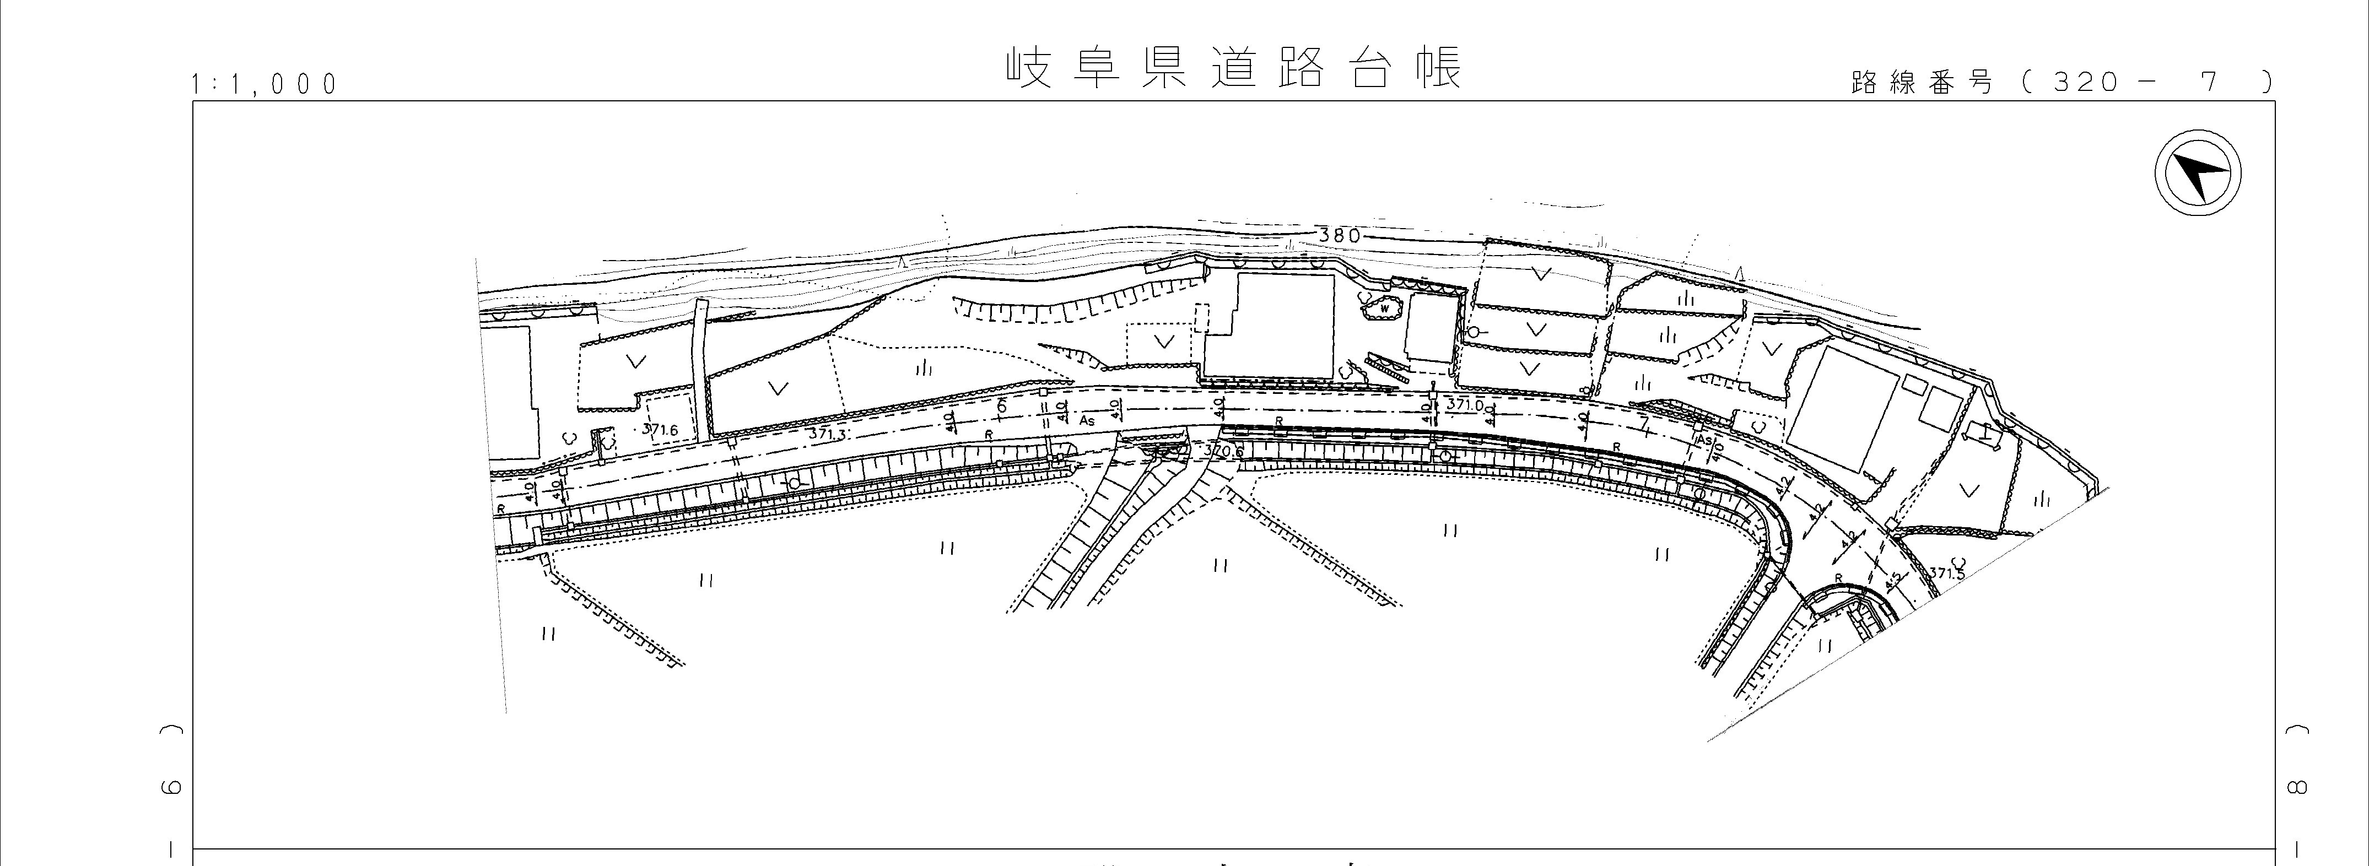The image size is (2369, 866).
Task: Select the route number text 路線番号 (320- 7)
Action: pos(2060,83)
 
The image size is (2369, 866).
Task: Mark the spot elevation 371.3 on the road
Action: pos(827,433)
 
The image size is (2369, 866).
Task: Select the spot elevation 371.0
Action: pos(1465,404)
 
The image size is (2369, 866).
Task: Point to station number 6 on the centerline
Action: pos(1001,405)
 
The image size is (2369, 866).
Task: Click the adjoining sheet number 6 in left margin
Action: pos(171,787)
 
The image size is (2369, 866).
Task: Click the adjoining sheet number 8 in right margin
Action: pos(2295,787)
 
